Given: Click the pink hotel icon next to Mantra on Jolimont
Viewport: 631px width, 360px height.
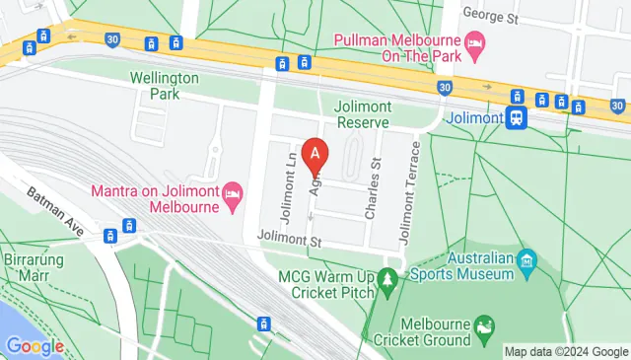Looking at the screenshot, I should click(x=233, y=190).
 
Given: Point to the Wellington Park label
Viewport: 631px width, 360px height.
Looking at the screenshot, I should click(x=165, y=86).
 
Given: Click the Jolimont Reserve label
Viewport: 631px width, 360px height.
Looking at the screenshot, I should click(x=362, y=113).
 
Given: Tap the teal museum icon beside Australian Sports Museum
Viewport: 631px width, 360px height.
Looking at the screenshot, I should click(x=528, y=260).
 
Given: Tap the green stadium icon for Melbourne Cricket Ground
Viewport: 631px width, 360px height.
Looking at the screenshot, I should click(x=483, y=325).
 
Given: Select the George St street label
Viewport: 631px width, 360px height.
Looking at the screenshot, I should click(x=489, y=17).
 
